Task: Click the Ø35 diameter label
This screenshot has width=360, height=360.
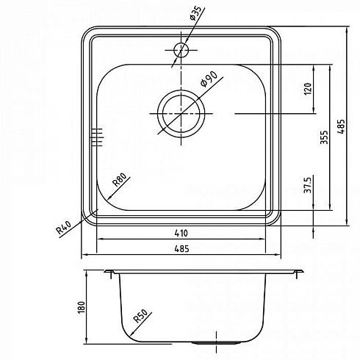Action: tap(195, 13)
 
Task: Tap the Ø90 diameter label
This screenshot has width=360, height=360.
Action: tap(209, 79)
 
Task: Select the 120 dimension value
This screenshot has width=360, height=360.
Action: tap(309, 89)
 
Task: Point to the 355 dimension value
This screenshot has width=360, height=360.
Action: tap(324, 137)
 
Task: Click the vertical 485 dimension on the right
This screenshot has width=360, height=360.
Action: tap(341, 126)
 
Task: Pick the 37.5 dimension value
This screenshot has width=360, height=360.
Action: tap(307, 184)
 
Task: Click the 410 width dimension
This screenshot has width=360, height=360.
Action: tap(181, 233)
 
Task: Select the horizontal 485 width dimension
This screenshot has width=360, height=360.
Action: tap(181, 249)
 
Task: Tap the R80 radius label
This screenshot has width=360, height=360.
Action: tap(119, 179)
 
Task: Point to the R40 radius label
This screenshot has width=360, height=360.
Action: tap(63, 228)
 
